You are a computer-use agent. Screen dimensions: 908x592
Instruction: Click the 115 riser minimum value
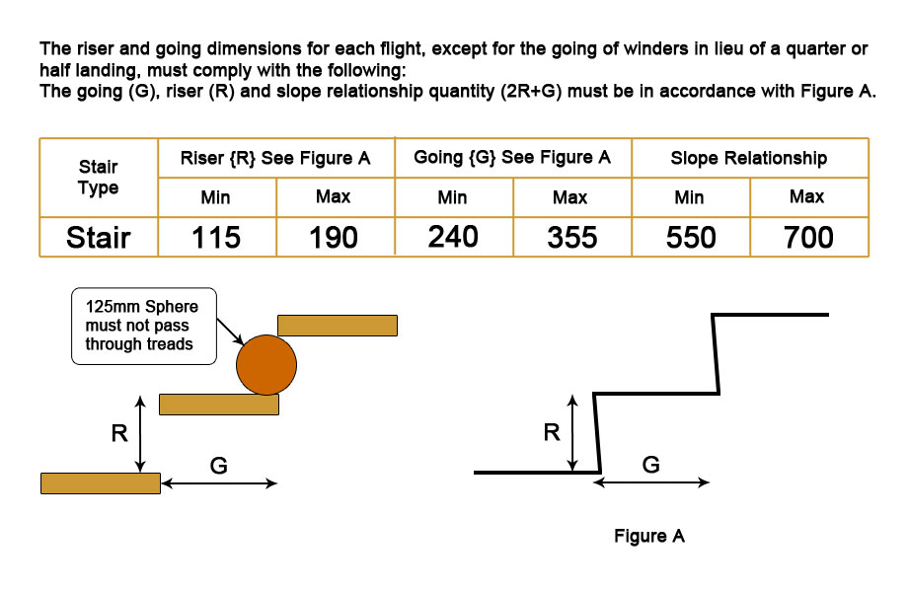click(x=216, y=237)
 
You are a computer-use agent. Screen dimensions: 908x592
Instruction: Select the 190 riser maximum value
click(x=334, y=237)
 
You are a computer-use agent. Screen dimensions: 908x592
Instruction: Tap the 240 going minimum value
click(x=453, y=237)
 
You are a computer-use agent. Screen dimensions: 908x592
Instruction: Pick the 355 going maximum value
click(x=572, y=237)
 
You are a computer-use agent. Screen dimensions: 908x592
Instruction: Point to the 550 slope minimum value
click(x=691, y=237)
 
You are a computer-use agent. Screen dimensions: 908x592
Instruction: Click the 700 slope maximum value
click(x=808, y=237)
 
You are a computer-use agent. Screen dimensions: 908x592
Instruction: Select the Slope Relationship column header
click(x=749, y=158)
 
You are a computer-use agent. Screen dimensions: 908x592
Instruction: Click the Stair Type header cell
click(x=99, y=177)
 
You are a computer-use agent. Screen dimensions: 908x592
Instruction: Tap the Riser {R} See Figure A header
click(x=275, y=158)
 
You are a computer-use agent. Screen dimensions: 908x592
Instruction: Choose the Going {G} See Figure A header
click(x=512, y=158)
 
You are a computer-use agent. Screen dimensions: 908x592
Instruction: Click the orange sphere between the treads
click(x=266, y=365)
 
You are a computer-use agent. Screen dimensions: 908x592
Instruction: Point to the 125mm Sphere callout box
click(x=144, y=327)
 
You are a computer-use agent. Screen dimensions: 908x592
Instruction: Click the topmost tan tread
click(x=338, y=326)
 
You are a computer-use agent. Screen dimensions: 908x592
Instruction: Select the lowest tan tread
click(x=101, y=483)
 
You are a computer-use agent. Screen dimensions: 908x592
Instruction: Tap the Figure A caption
click(x=649, y=536)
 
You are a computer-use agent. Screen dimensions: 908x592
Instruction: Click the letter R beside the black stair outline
click(x=552, y=432)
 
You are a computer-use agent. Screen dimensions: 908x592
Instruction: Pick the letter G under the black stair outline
click(x=650, y=465)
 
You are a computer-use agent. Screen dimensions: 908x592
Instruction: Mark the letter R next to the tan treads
click(x=119, y=433)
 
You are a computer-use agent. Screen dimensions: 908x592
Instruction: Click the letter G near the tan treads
click(x=218, y=466)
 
